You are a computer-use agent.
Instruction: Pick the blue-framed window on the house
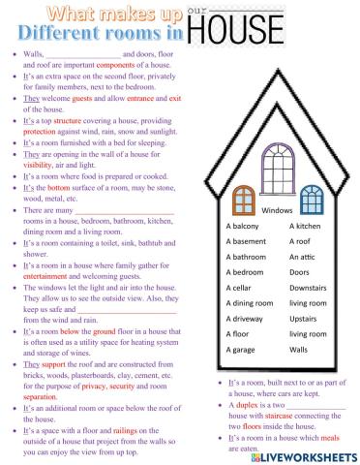coord(311,201)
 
